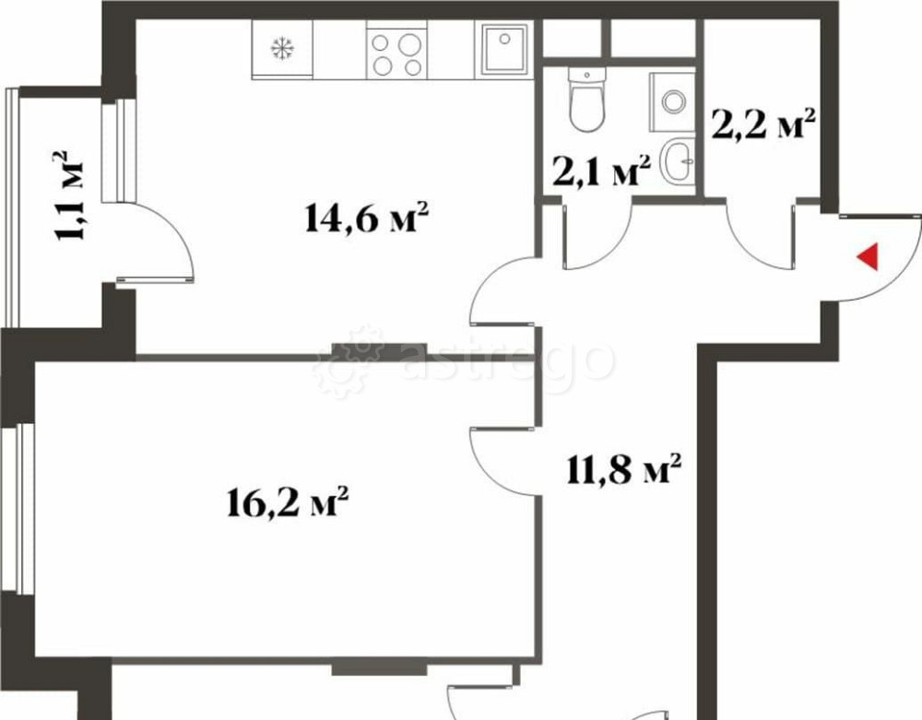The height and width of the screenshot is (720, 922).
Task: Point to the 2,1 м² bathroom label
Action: click(602, 171)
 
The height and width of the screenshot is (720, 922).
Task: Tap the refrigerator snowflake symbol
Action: click(281, 49)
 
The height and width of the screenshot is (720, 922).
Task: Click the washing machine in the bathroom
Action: click(672, 100)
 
